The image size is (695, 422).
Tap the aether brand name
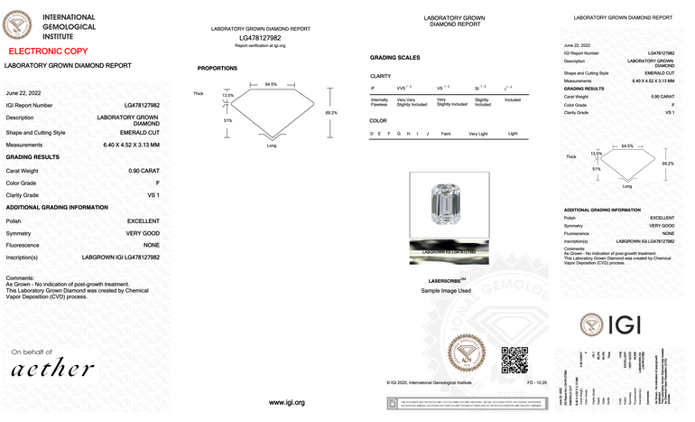tap(52, 369)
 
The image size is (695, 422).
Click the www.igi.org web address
tap(287, 402)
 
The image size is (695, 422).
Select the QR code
tap(514, 359)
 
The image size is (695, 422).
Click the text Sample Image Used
tap(446, 291)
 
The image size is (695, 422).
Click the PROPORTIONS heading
tap(218, 69)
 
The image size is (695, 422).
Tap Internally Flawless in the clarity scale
tap(379, 101)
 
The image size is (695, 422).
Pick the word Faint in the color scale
tap(445, 134)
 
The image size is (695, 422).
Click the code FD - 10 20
tap(537, 383)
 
